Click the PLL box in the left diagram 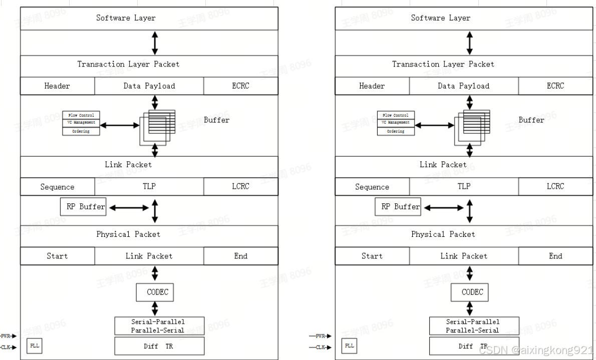pyautogui.click(x=34, y=345)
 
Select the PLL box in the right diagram pyautogui.click(x=350, y=345)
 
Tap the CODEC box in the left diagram pyautogui.click(x=155, y=292)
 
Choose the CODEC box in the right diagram pyautogui.click(x=469, y=292)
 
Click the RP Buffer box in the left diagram pyautogui.click(x=83, y=207)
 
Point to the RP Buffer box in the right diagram pyautogui.click(x=398, y=207)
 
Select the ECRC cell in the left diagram pyautogui.click(x=240, y=86)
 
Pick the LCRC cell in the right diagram pyautogui.click(x=555, y=187)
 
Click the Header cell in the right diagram pyautogui.click(x=372, y=86)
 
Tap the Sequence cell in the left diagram pyautogui.click(x=57, y=187)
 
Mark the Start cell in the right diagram pyautogui.click(x=372, y=256)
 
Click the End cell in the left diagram pyautogui.click(x=240, y=256)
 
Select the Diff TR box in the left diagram pyautogui.click(x=159, y=346)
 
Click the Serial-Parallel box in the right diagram pyautogui.click(x=474, y=326)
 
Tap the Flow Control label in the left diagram pyautogui.click(x=81, y=115)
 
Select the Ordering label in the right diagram pyautogui.click(x=396, y=131)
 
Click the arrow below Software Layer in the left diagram pyautogui.click(x=155, y=43)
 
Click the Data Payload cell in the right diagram pyautogui.click(x=464, y=86)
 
